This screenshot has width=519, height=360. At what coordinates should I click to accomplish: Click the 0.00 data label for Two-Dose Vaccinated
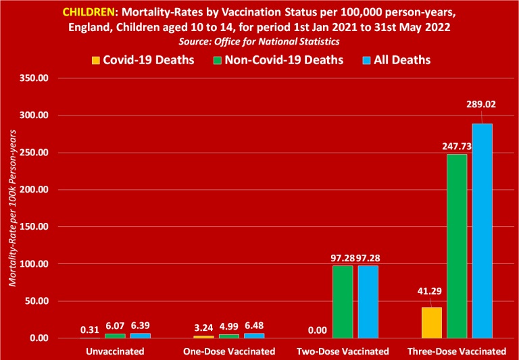[317, 331]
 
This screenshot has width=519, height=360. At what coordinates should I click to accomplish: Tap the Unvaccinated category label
[116, 351]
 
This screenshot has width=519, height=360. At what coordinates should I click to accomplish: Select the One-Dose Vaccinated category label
[230, 351]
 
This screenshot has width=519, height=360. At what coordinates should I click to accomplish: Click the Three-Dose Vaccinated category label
[457, 351]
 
